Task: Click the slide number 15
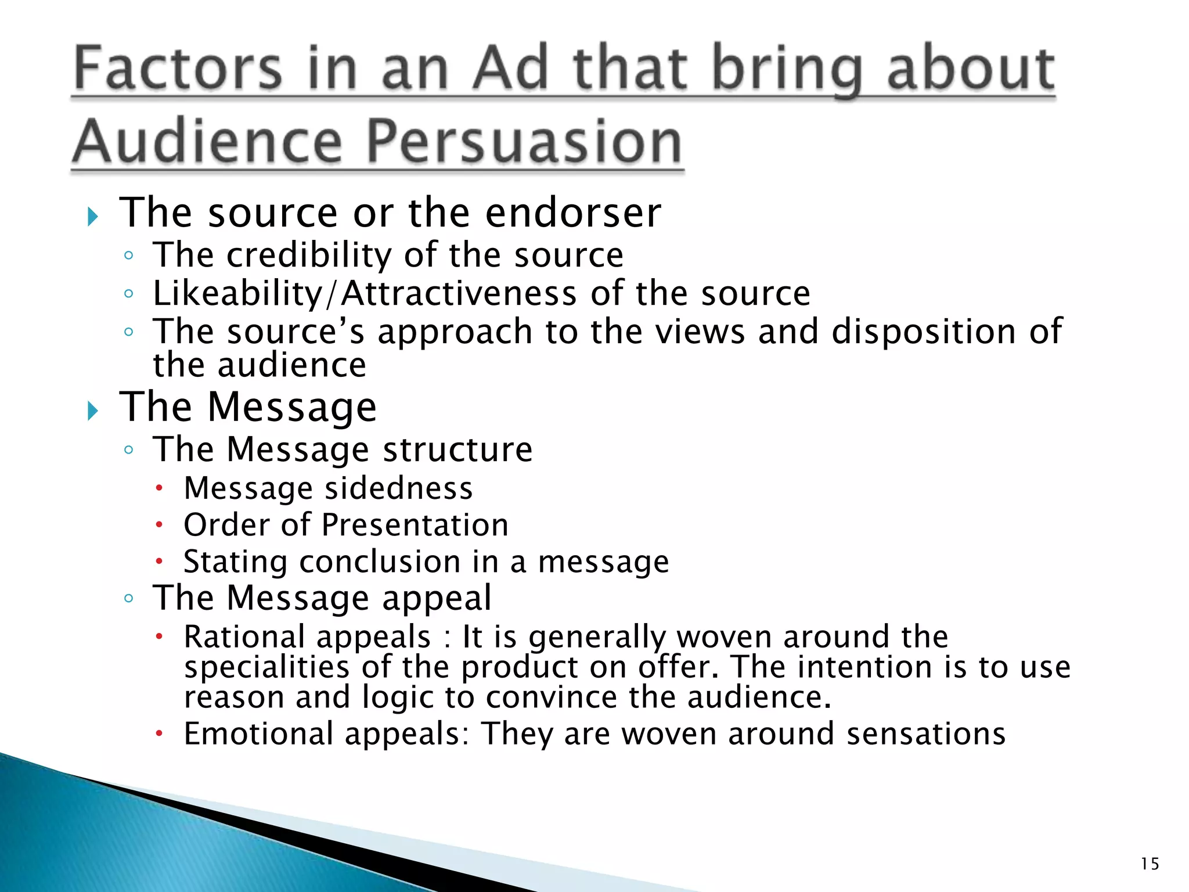pyautogui.click(x=1150, y=864)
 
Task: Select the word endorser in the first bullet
pyautogui.click(x=573, y=213)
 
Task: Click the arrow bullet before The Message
pyautogui.click(x=93, y=411)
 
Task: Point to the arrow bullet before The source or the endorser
pyautogui.click(x=93, y=217)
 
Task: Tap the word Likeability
pyautogui.click(x=237, y=294)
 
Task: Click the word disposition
pyautogui.click(x=923, y=332)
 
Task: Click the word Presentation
pyautogui.click(x=415, y=525)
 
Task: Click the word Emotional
pyautogui.click(x=258, y=733)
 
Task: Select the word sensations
pyautogui.click(x=925, y=733)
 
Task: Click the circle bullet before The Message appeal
pyautogui.click(x=129, y=598)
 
